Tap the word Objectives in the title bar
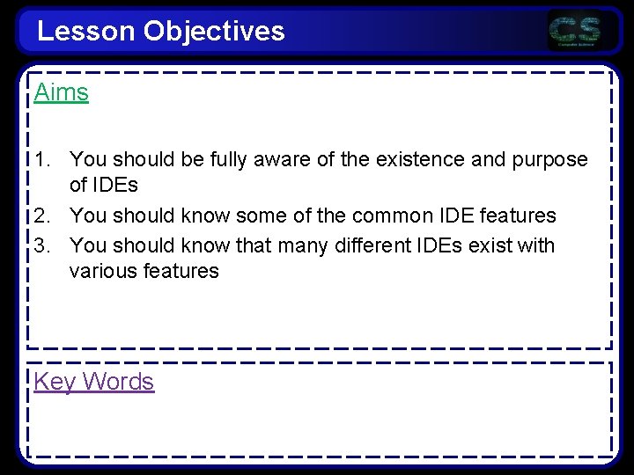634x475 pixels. (x=214, y=32)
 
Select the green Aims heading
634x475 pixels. (x=62, y=92)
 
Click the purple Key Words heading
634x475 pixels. (x=94, y=382)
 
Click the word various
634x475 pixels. (x=103, y=271)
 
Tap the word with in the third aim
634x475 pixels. (x=534, y=245)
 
